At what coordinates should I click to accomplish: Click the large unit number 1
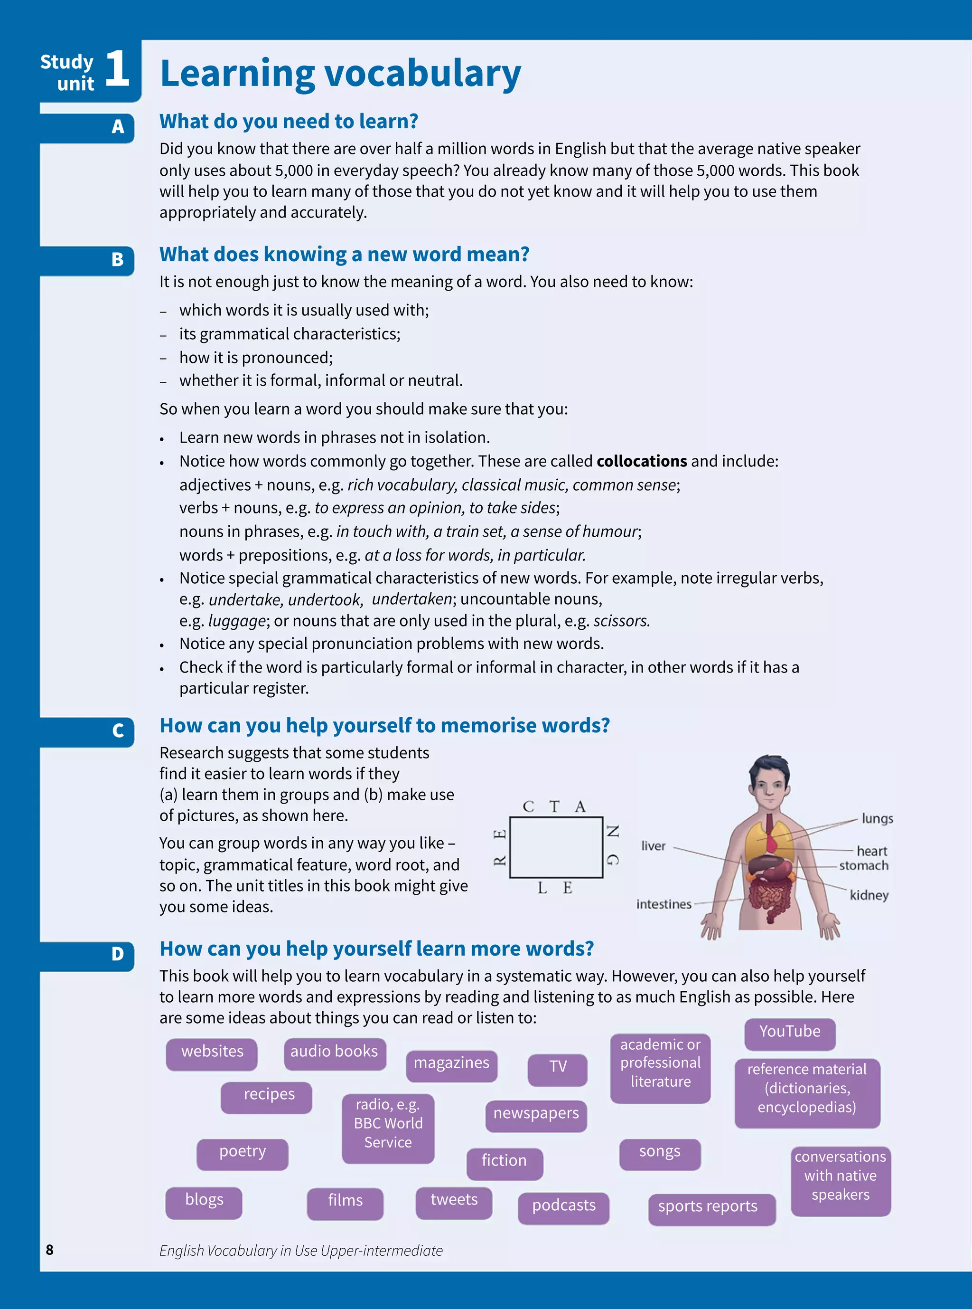[117, 69]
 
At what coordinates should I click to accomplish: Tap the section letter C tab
[118, 731]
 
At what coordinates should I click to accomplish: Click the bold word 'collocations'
[641, 461]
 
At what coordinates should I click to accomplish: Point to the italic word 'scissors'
[621, 621]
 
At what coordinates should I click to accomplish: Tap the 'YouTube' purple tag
[790, 1032]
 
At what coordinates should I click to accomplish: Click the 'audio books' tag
[334, 1052]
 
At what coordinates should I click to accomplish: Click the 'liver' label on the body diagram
[653, 846]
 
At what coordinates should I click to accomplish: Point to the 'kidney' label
[869, 895]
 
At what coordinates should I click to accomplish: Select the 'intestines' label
[664, 904]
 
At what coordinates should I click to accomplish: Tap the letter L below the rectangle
[542, 888]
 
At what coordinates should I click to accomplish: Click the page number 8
[49, 1250]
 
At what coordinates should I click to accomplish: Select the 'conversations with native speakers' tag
[840, 1176]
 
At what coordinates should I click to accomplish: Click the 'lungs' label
[877, 818]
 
